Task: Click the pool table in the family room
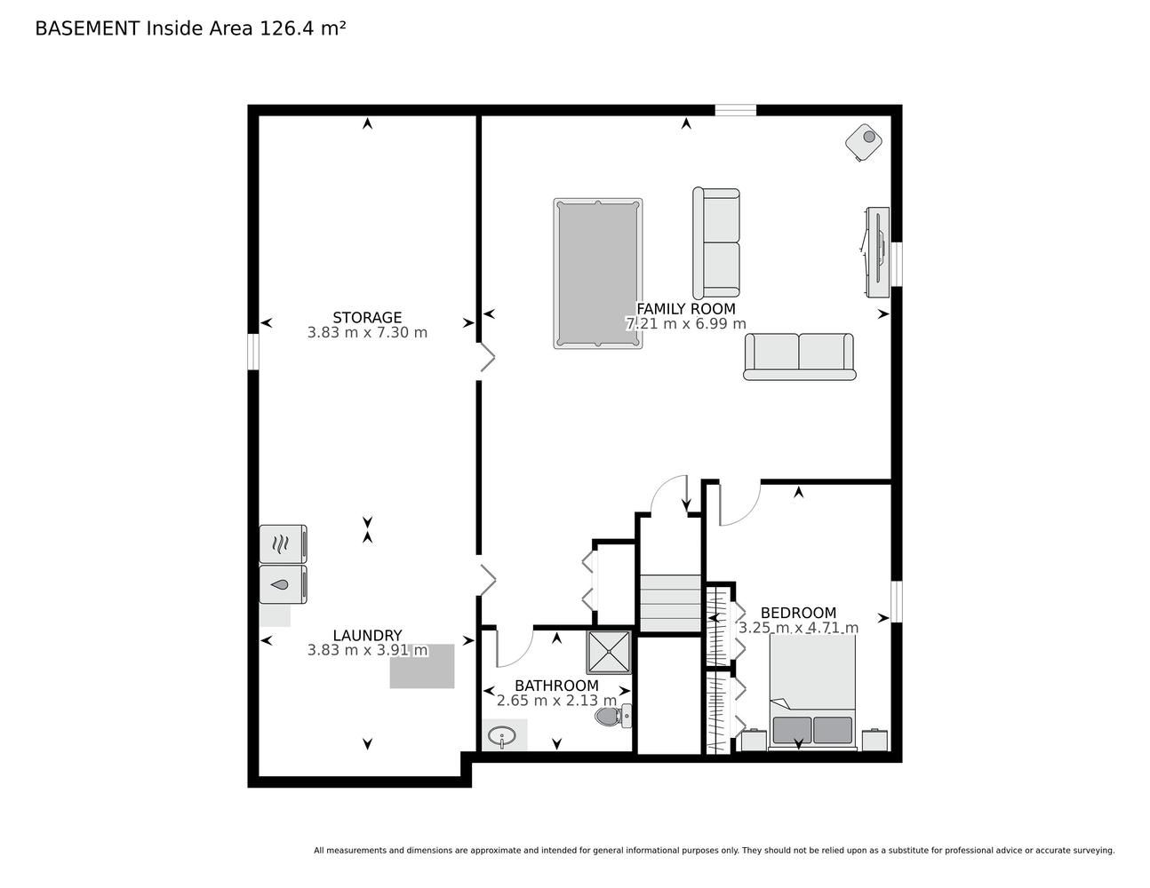tap(598, 274)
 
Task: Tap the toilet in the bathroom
tap(613, 717)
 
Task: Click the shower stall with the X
tap(609, 653)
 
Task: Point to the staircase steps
tap(670, 603)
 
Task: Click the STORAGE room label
tap(367, 318)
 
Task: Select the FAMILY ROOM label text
tap(686, 309)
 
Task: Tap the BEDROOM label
tap(799, 613)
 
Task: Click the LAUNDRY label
tap(367, 635)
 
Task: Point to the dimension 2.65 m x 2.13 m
tap(556, 701)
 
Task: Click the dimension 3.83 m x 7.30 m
tap(367, 332)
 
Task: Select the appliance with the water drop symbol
tap(284, 584)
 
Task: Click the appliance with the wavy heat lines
tap(284, 543)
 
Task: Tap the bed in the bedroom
tap(812, 692)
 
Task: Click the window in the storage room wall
tap(253, 352)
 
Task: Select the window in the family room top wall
tap(736, 110)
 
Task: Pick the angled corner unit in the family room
tap(864, 142)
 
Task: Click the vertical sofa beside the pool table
tap(716, 242)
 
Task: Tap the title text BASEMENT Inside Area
tap(144, 28)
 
